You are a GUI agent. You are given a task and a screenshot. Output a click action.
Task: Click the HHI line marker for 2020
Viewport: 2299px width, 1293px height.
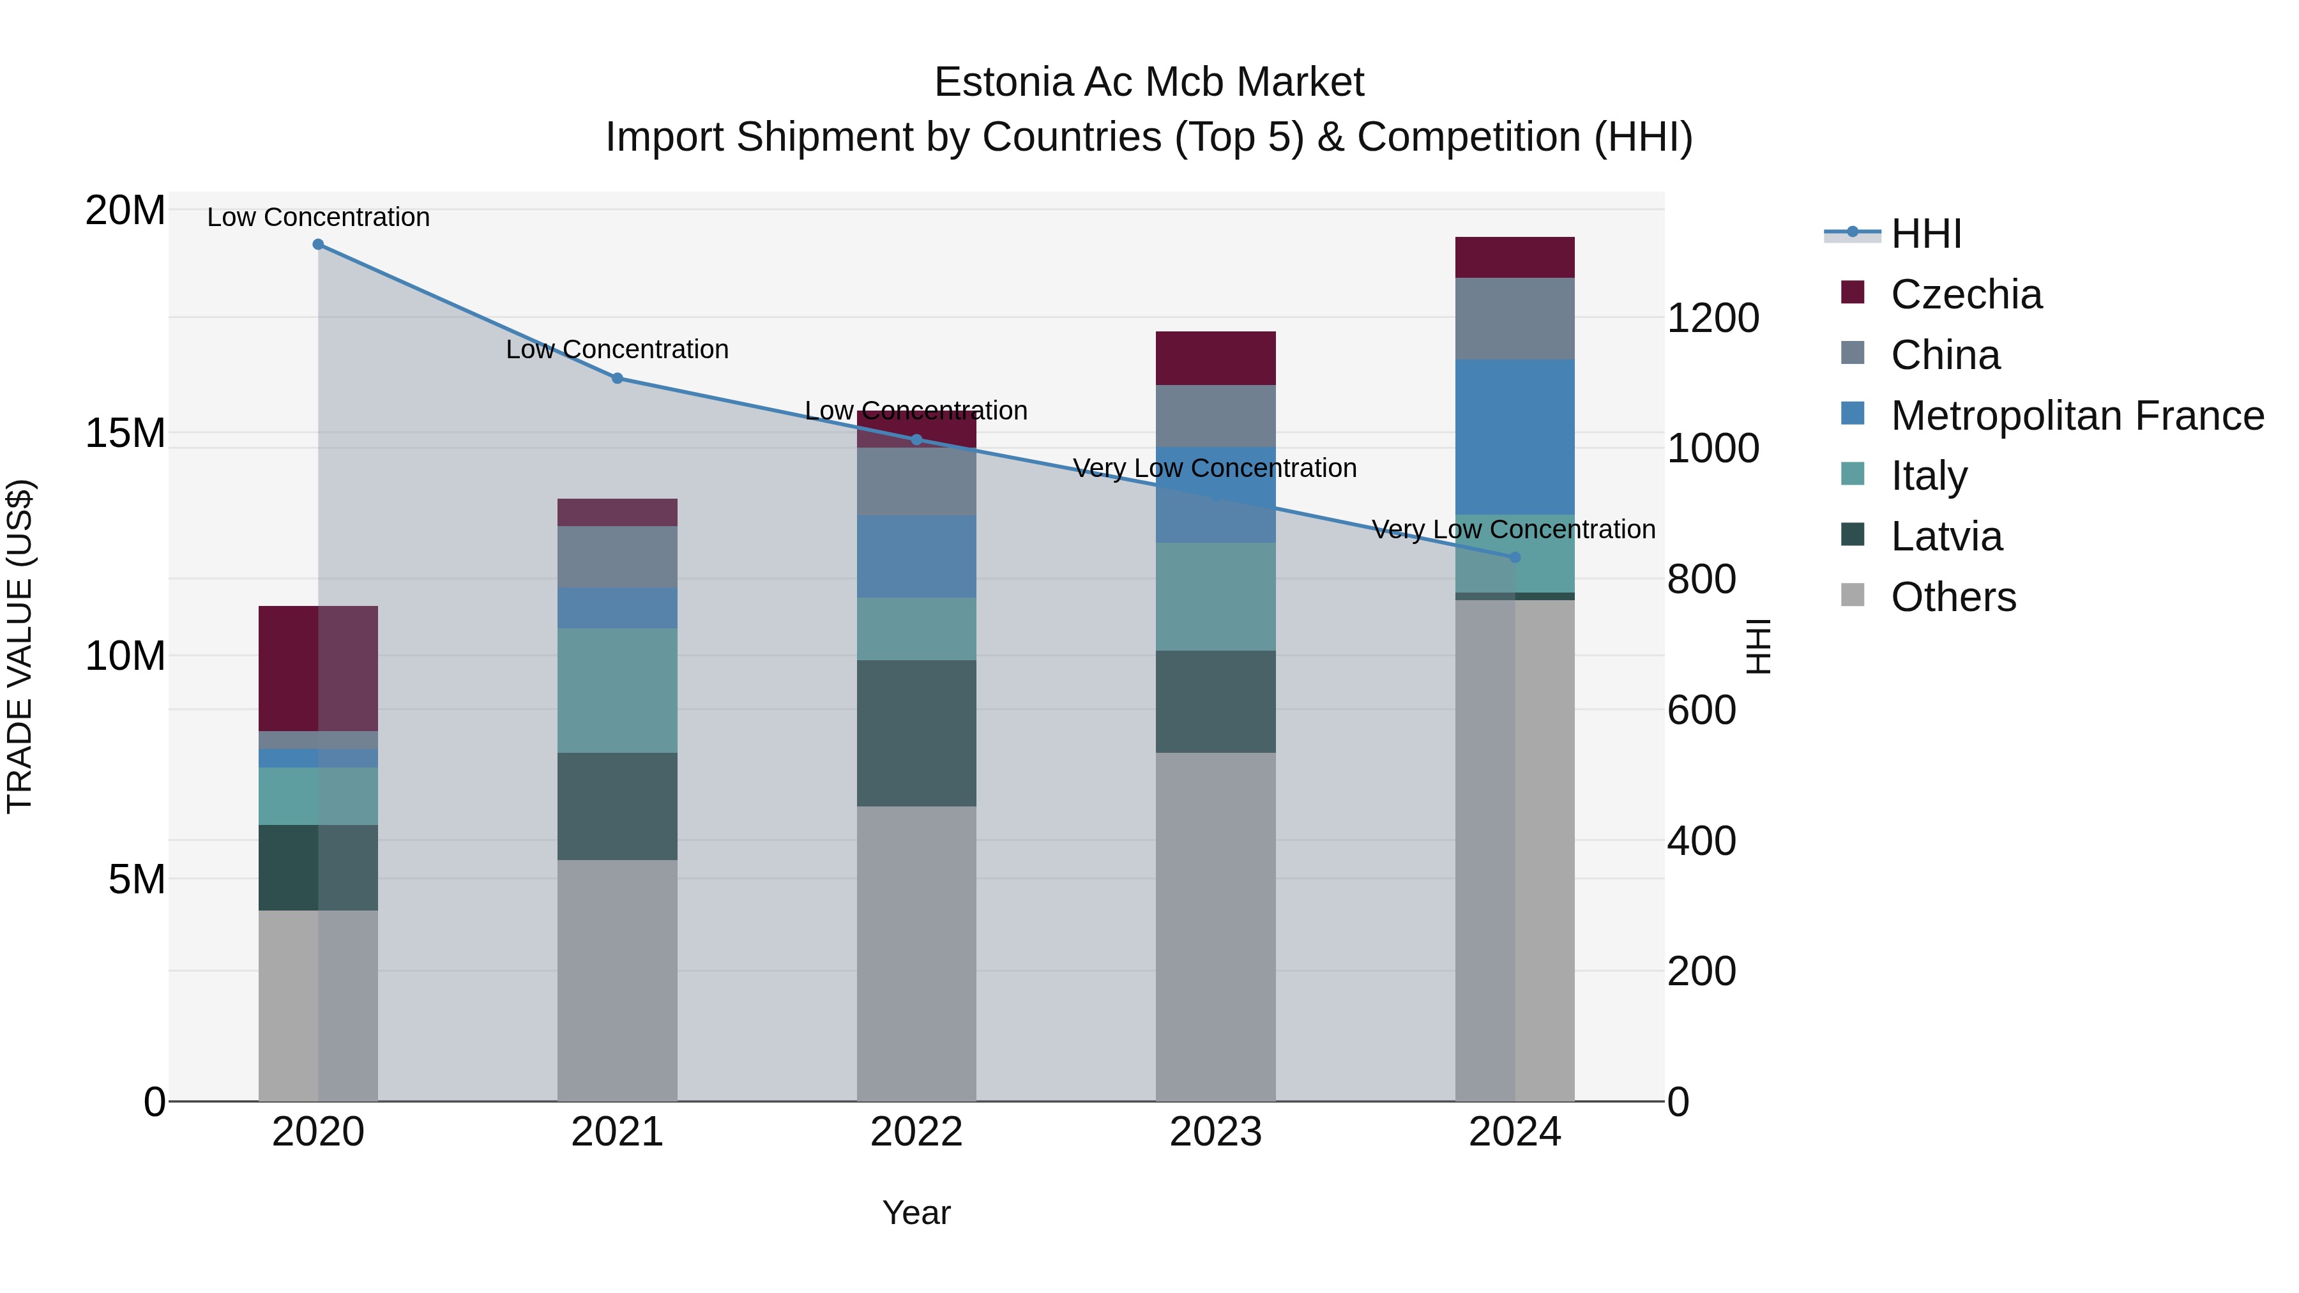point(318,245)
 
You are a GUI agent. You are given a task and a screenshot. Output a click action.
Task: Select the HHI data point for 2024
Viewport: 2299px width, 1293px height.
point(1515,557)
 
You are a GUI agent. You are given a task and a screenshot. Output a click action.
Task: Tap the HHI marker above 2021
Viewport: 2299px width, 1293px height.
point(617,379)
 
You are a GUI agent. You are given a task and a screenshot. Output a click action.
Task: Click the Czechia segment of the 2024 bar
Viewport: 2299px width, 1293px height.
point(1515,258)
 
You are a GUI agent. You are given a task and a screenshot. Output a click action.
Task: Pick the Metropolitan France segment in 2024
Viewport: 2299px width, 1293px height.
point(1515,437)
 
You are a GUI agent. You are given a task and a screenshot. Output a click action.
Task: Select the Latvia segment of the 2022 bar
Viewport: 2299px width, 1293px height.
point(916,734)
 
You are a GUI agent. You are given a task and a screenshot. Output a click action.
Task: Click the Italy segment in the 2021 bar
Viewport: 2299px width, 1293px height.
point(617,691)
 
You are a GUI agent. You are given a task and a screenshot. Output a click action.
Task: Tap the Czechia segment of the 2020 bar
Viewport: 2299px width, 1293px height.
point(318,669)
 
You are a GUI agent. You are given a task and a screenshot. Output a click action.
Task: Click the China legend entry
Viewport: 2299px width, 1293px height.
point(1946,355)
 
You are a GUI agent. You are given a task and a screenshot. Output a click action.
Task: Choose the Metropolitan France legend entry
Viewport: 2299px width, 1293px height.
point(2077,416)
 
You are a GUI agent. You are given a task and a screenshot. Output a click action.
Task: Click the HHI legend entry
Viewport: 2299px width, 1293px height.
point(1926,234)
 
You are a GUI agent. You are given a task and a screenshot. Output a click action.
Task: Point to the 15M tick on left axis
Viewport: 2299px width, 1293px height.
point(125,434)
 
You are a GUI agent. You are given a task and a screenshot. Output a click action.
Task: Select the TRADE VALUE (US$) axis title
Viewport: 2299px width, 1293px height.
point(20,646)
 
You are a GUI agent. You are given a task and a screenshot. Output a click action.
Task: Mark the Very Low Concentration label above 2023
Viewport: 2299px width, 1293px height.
point(1215,469)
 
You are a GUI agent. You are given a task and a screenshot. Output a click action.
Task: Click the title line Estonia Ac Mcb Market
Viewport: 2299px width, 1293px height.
point(1149,82)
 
